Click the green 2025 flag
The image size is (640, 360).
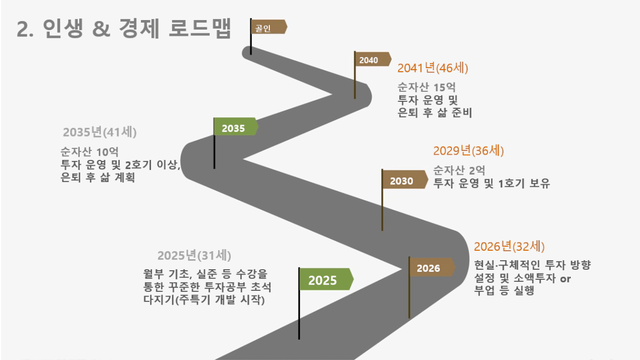tap(326, 279)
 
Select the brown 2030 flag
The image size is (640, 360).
tap(405, 179)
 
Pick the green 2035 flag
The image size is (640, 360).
tap(236, 127)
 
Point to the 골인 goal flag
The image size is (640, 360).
tap(269, 27)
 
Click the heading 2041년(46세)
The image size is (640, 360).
tap(432, 68)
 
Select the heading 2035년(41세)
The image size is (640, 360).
tap(100, 132)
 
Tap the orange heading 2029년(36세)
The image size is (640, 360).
tap(468, 150)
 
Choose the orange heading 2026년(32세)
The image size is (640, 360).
tap(509, 247)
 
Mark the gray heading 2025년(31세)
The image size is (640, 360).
tap(194, 255)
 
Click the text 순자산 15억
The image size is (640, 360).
tap(427, 87)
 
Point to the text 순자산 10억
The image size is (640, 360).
tap(89, 151)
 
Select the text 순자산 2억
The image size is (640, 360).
tap(459, 170)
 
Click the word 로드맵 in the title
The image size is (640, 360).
tap(200, 29)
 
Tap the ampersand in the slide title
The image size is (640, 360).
tap(101, 29)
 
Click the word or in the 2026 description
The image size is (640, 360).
tap(566, 279)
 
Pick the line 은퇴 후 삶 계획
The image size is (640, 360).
tap(98, 177)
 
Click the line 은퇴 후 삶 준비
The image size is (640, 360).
tap(435, 112)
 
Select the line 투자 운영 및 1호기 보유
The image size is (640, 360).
tap(492, 183)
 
